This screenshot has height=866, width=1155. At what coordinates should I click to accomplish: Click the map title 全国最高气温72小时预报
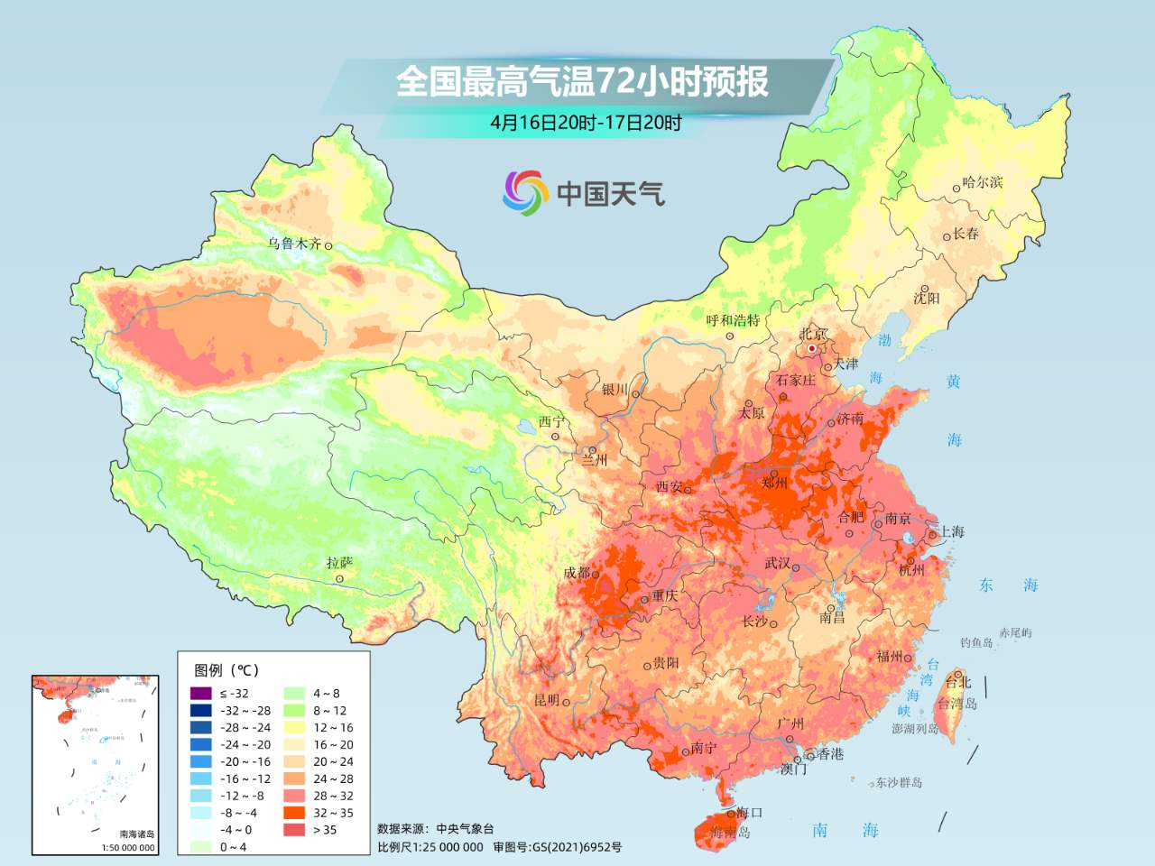click(x=582, y=81)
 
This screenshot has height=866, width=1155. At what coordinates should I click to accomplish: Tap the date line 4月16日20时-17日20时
click(x=586, y=123)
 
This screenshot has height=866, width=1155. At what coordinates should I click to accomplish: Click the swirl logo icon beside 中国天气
click(x=525, y=193)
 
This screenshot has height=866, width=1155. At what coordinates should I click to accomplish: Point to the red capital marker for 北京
click(x=812, y=348)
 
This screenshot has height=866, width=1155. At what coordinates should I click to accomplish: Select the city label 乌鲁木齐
click(x=294, y=244)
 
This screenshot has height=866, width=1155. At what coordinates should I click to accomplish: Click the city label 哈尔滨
click(x=983, y=182)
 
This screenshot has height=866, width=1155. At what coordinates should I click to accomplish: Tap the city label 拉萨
click(x=339, y=563)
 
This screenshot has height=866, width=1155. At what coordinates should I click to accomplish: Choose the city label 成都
click(x=576, y=573)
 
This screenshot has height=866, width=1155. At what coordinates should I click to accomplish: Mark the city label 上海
click(x=952, y=531)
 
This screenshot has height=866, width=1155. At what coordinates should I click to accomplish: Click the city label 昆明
click(x=547, y=700)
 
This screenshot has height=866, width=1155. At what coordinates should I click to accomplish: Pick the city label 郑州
click(x=774, y=483)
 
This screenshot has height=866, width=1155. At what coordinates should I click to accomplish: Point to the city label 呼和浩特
click(x=733, y=320)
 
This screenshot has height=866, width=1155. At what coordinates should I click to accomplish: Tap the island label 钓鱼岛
click(x=976, y=642)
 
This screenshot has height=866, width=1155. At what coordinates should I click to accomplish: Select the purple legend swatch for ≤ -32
click(x=200, y=693)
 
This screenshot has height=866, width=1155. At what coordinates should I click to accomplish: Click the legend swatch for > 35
click(x=294, y=830)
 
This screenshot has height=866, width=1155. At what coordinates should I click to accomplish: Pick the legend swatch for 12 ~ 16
click(x=294, y=727)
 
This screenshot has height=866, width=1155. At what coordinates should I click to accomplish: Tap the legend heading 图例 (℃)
click(x=226, y=670)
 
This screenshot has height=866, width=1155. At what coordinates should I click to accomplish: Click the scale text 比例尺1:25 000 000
click(x=430, y=847)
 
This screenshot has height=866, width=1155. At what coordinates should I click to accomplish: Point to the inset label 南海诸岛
click(x=137, y=834)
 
